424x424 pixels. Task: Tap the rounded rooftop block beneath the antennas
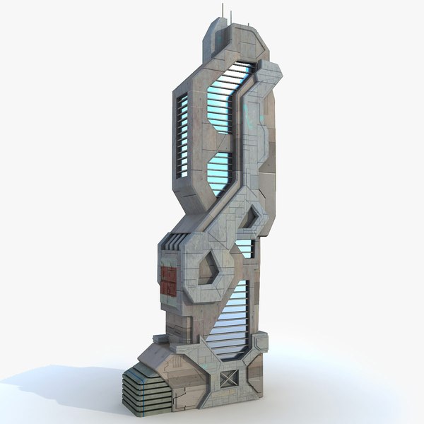tap(220, 33)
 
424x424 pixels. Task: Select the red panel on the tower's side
tap(169, 280)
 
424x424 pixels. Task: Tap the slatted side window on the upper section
tap(182, 134)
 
